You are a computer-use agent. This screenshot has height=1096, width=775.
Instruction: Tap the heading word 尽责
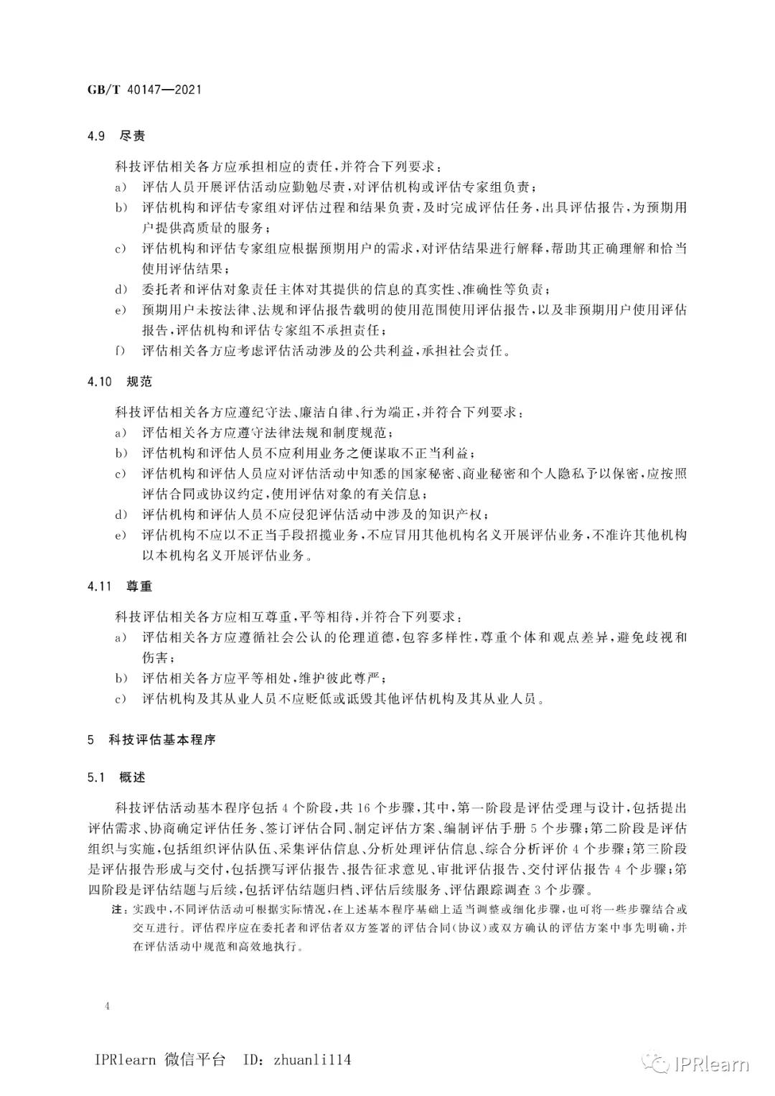click(x=133, y=136)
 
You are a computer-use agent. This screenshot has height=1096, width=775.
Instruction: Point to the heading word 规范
click(x=139, y=382)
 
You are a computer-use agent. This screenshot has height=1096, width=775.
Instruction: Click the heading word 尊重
click(x=139, y=586)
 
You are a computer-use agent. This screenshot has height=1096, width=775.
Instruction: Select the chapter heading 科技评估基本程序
click(x=161, y=739)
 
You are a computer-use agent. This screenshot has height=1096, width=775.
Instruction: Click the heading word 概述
click(x=133, y=777)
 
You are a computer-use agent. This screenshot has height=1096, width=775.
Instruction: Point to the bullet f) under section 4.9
click(x=119, y=352)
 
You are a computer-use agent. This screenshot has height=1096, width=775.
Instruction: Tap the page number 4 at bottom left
click(x=107, y=1006)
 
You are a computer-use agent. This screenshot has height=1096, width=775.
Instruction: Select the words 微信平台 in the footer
click(x=194, y=1060)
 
